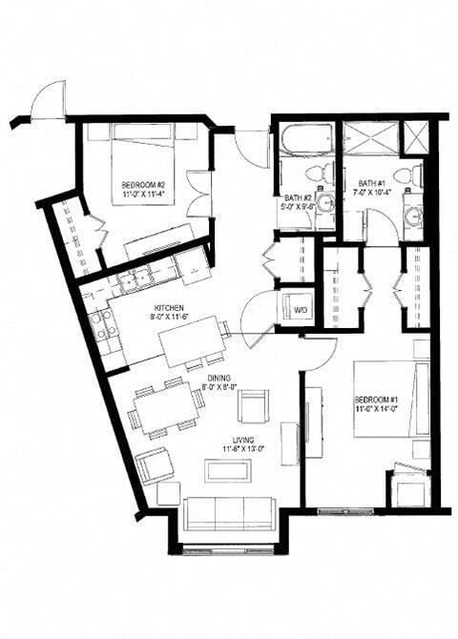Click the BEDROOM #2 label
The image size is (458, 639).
(x=144, y=184)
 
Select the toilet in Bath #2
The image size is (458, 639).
(x=325, y=173)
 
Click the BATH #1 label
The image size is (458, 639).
(x=372, y=184)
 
